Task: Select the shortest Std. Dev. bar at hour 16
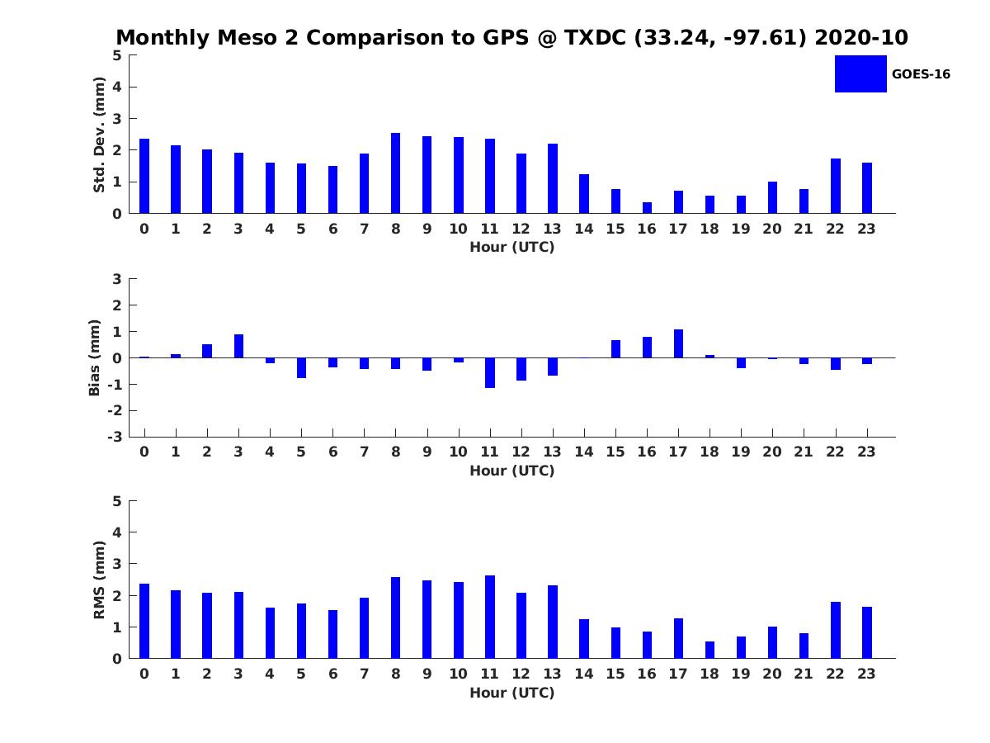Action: [x=647, y=208]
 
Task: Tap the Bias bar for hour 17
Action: [x=678, y=344]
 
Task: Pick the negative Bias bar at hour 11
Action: [x=490, y=372]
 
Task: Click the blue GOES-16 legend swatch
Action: [x=860, y=73]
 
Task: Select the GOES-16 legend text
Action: [x=921, y=74]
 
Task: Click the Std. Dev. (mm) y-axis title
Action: [x=99, y=135]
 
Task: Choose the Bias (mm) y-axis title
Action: [x=95, y=357]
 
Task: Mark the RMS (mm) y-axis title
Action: [x=99, y=580]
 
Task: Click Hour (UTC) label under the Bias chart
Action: [x=511, y=471]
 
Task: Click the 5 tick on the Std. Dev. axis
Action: [x=117, y=55]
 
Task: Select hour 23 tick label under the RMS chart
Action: [x=866, y=674]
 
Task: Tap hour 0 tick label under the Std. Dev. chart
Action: [x=144, y=229]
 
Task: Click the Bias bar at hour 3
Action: [x=238, y=346]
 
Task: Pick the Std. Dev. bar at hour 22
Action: [x=835, y=186]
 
